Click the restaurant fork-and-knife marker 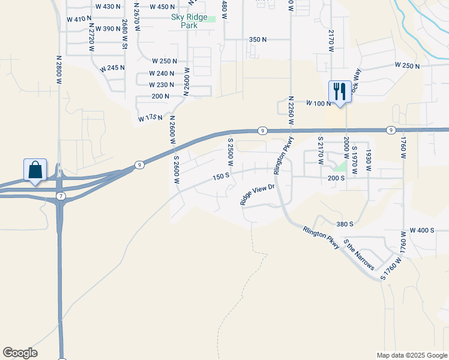[339, 91]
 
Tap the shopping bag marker [35, 170]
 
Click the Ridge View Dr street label [257, 194]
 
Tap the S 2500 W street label [229, 152]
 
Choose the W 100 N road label [319, 104]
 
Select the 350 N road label [258, 40]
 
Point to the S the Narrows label [359, 254]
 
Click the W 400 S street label [421, 230]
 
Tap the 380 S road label [345, 224]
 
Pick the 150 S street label [221, 176]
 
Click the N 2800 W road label [59, 73]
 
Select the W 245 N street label [113, 68]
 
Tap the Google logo [20, 353]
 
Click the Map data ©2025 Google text [411, 355]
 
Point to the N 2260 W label [291, 110]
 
